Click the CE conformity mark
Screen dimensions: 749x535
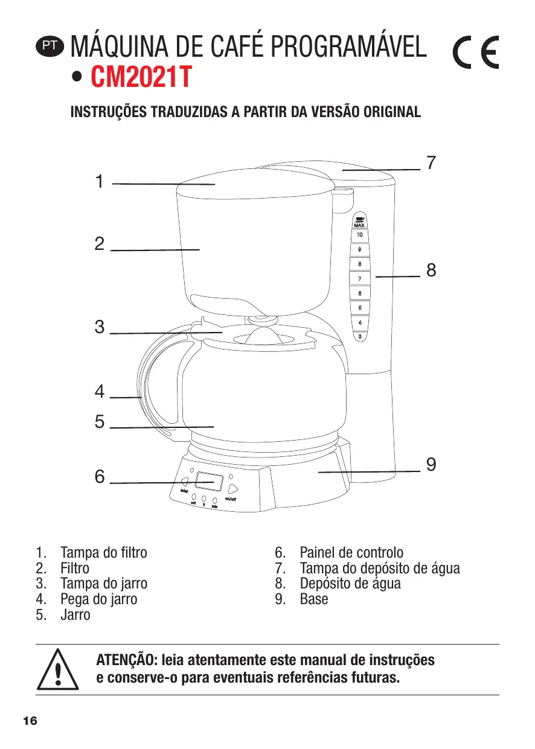click(x=476, y=54)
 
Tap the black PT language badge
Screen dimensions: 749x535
click(x=49, y=45)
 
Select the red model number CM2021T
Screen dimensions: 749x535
click(x=140, y=77)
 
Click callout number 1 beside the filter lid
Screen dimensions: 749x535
click(x=100, y=182)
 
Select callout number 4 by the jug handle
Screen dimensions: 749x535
click(x=100, y=392)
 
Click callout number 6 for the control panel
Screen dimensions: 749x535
click(x=100, y=477)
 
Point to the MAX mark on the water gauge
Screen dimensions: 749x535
click(x=359, y=225)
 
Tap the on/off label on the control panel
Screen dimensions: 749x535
click(x=234, y=499)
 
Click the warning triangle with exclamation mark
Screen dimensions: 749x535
click(x=58, y=670)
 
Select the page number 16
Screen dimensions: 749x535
click(x=30, y=721)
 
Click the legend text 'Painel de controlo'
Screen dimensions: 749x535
click(x=351, y=553)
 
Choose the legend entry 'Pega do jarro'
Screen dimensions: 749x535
click(x=98, y=599)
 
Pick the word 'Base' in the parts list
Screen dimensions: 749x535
click(x=314, y=599)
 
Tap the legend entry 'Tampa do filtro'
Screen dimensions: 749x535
click(x=103, y=553)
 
